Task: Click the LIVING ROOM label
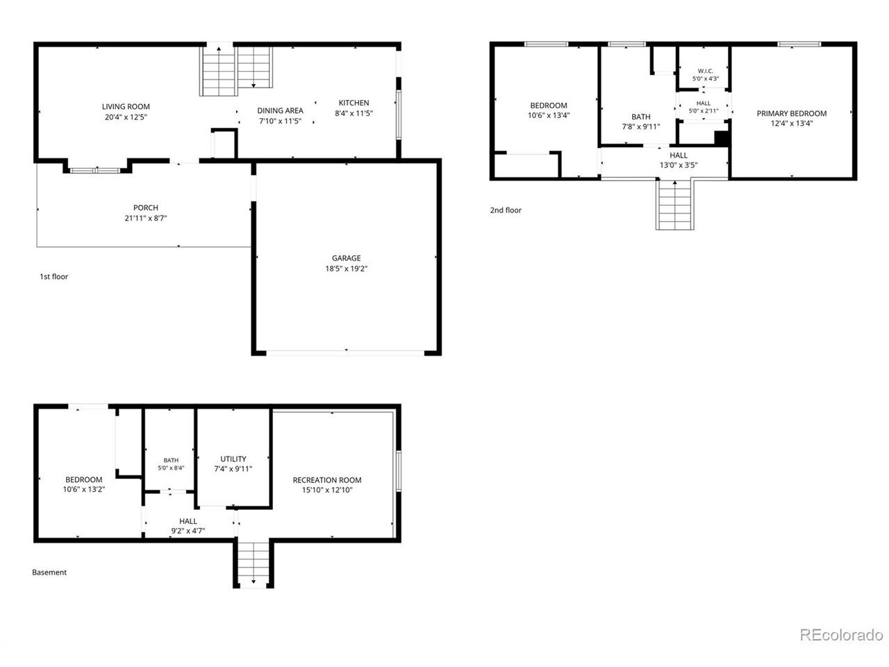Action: (x=126, y=106)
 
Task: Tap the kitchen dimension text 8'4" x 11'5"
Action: (x=354, y=113)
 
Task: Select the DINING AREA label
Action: (x=280, y=110)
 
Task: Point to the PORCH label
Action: (x=145, y=208)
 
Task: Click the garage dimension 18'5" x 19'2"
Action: (x=346, y=268)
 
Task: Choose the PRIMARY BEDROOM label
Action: (x=791, y=113)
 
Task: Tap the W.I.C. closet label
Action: (x=705, y=71)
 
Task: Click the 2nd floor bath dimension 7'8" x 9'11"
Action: (x=641, y=126)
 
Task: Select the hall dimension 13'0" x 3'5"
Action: (x=678, y=165)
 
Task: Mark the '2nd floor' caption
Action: (x=506, y=211)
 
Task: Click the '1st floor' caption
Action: (x=53, y=277)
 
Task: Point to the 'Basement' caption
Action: (x=49, y=573)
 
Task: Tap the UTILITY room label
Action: (x=233, y=459)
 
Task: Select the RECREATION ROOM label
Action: (x=327, y=480)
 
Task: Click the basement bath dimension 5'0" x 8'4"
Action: (x=171, y=468)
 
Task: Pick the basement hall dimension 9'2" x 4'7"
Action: (x=188, y=531)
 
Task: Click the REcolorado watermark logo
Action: (x=841, y=634)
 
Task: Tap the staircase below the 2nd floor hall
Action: (x=675, y=204)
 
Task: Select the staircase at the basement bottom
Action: (x=253, y=563)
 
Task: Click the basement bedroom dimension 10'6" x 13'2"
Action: (x=84, y=489)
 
